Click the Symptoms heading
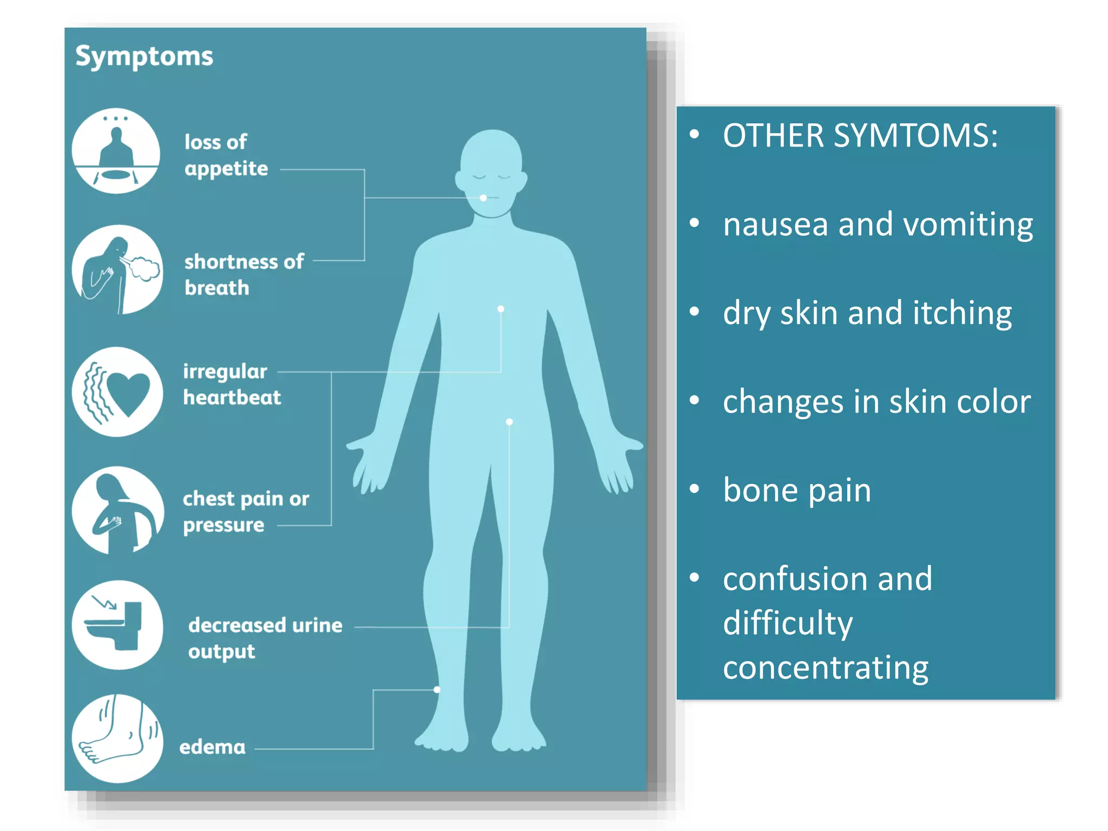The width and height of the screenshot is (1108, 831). pyautogui.click(x=144, y=57)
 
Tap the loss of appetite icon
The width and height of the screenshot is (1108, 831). pyautogui.click(x=116, y=151)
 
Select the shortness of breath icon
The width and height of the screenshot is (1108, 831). pyautogui.click(x=117, y=269)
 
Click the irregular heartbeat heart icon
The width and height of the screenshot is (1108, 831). pyautogui.click(x=117, y=392)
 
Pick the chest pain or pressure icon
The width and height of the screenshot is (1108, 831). pyautogui.click(x=117, y=510)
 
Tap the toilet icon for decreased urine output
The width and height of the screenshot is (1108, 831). pyautogui.click(x=117, y=625)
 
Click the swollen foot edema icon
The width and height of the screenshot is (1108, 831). pyautogui.click(x=117, y=738)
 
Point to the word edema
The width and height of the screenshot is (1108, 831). pyautogui.click(x=212, y=747)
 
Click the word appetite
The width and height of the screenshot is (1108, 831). pyautogui.click(x=226, y=169)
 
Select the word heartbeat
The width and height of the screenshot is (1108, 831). pyautogui.click(x=232, y=398)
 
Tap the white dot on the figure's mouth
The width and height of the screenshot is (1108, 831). pyautogui.click(x=483, y=198)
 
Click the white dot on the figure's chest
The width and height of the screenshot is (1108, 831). pyautogui.click(x=501, y=309)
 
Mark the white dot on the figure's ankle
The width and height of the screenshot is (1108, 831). pyautogui.click(x=437, y=690)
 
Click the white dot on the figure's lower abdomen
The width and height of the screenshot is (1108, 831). pyautogui.click(x=509, y=422)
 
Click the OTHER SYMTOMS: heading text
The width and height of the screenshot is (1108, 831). pyautogui.click(x=860, y=135)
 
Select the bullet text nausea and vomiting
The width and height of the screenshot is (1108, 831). pyautogui.click(x=878, y=224)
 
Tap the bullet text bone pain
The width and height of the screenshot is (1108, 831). pyautogui.click(x=797, y=490)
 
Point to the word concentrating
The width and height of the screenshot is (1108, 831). pyautogui.click(x=826, y=668)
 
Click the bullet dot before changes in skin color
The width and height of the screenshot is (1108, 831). pyautogui.click(x=695, y=400)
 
